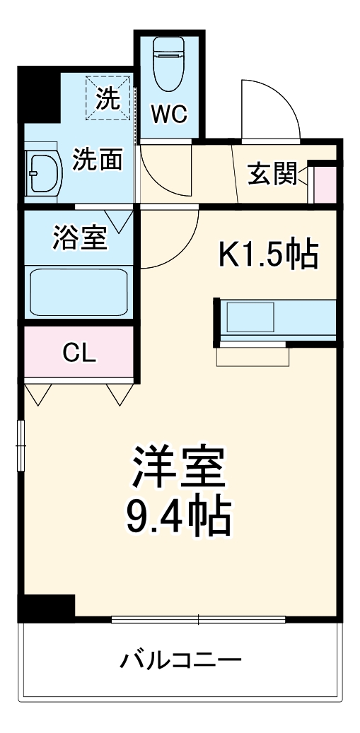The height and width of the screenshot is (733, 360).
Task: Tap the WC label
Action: click(x=169, y=115)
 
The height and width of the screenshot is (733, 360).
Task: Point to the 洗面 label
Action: click(x=98, y=160)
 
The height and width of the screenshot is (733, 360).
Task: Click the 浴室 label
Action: click(x=80, y=238)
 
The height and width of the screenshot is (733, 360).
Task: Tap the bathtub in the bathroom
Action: click(x=79, y=292)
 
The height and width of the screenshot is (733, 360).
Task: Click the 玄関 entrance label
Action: click(x=272, y=173)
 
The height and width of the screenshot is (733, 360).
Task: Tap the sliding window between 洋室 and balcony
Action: click(x=198, y=620)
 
